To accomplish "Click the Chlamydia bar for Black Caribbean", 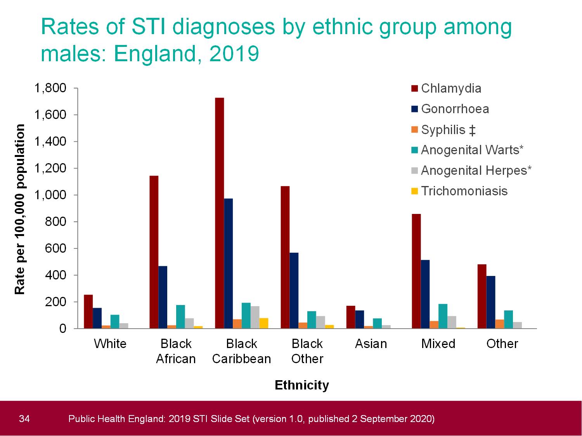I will point(219,213).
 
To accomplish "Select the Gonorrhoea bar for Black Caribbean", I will point(228,264).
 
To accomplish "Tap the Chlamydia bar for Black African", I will point(154,252).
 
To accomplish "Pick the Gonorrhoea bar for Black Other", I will point(294,291).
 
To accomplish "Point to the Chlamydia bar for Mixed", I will point(416,271).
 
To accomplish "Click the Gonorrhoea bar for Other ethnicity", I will point(491,302).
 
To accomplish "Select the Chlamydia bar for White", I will point(88,312).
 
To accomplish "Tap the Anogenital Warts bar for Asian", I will point(377,324).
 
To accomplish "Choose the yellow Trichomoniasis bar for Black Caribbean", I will point(264,323).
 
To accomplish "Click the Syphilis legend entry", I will point(448,129).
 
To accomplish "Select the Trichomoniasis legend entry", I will point(464,191).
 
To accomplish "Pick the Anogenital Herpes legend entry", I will point(476,171).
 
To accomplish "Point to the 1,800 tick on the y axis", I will point(50,88).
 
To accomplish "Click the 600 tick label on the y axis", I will point(56,248).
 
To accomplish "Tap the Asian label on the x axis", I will point(371,344).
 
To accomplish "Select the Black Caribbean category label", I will point(241,351).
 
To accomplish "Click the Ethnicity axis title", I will point(301,385).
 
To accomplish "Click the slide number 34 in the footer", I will point(24,419).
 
